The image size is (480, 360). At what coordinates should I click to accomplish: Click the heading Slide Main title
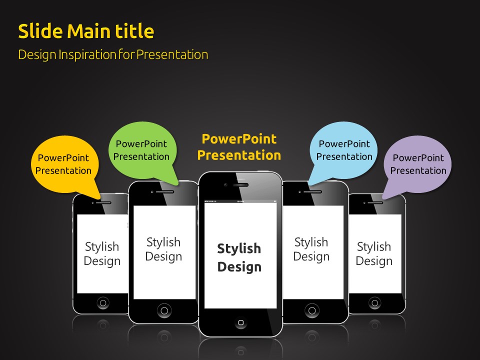(x=86, y=31)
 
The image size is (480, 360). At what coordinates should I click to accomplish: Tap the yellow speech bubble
(x=65, y=165)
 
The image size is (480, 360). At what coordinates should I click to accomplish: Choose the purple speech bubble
(x=417, y=165)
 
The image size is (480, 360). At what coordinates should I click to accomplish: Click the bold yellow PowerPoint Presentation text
(x=239, y=147)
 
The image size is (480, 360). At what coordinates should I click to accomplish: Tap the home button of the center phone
(x=240, y=322)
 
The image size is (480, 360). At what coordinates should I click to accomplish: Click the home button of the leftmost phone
(x=103, y=303)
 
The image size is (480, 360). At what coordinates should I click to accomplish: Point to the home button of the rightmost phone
(x=374, y=303)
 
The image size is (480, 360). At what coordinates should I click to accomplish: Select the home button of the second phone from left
(x=164, y=310)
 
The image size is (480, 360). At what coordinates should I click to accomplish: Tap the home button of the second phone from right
(x=312, y=310)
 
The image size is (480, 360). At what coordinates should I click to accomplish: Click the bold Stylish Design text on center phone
(x=239, y=257)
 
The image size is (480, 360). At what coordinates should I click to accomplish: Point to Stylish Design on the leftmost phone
(x=102, y=253)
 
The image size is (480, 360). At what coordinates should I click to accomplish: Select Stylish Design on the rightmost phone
(x=374, y=253)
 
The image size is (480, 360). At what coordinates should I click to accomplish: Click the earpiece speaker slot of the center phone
(x=240, y=185)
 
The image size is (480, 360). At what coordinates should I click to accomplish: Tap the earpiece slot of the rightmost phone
(x=375, y=202)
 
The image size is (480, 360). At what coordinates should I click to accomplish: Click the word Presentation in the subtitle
(x=172, y=55)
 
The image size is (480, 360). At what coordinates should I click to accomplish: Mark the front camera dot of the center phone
(x=225, y=185)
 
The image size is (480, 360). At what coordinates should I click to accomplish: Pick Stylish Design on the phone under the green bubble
(x=163, y=249)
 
